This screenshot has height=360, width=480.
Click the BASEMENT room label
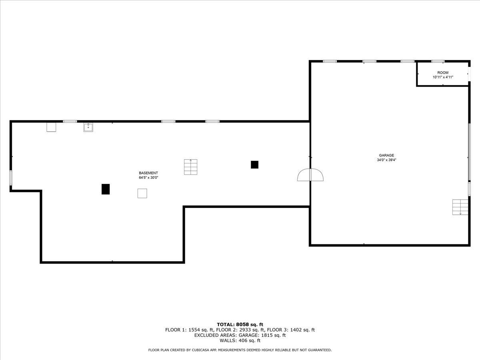click(148, 173)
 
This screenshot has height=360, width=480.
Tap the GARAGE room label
click(386, 155)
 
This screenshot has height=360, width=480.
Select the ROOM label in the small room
click(443, 73)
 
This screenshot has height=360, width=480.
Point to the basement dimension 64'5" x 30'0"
click(148, 178)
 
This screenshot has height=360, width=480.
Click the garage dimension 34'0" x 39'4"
click(386, 160)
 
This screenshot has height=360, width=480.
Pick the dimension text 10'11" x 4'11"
click(443, 77)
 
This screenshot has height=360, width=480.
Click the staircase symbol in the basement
click(191, 167)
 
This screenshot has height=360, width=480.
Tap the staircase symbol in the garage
click(460, 206)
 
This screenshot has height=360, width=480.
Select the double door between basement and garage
click(310, 175)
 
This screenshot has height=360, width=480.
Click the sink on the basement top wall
click(88, 127)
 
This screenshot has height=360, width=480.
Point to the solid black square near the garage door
click(254, 164)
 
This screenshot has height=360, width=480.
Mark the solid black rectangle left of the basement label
click(106, 189)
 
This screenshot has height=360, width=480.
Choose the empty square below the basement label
click(142, 193)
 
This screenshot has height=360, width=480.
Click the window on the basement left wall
click(11, 178)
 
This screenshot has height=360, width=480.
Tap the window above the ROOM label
click(438, 61)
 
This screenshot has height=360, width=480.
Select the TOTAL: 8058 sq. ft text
click(240, 324)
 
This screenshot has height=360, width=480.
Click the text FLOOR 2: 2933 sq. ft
click(240, 330)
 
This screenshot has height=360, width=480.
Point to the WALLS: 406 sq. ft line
click(240, 341)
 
